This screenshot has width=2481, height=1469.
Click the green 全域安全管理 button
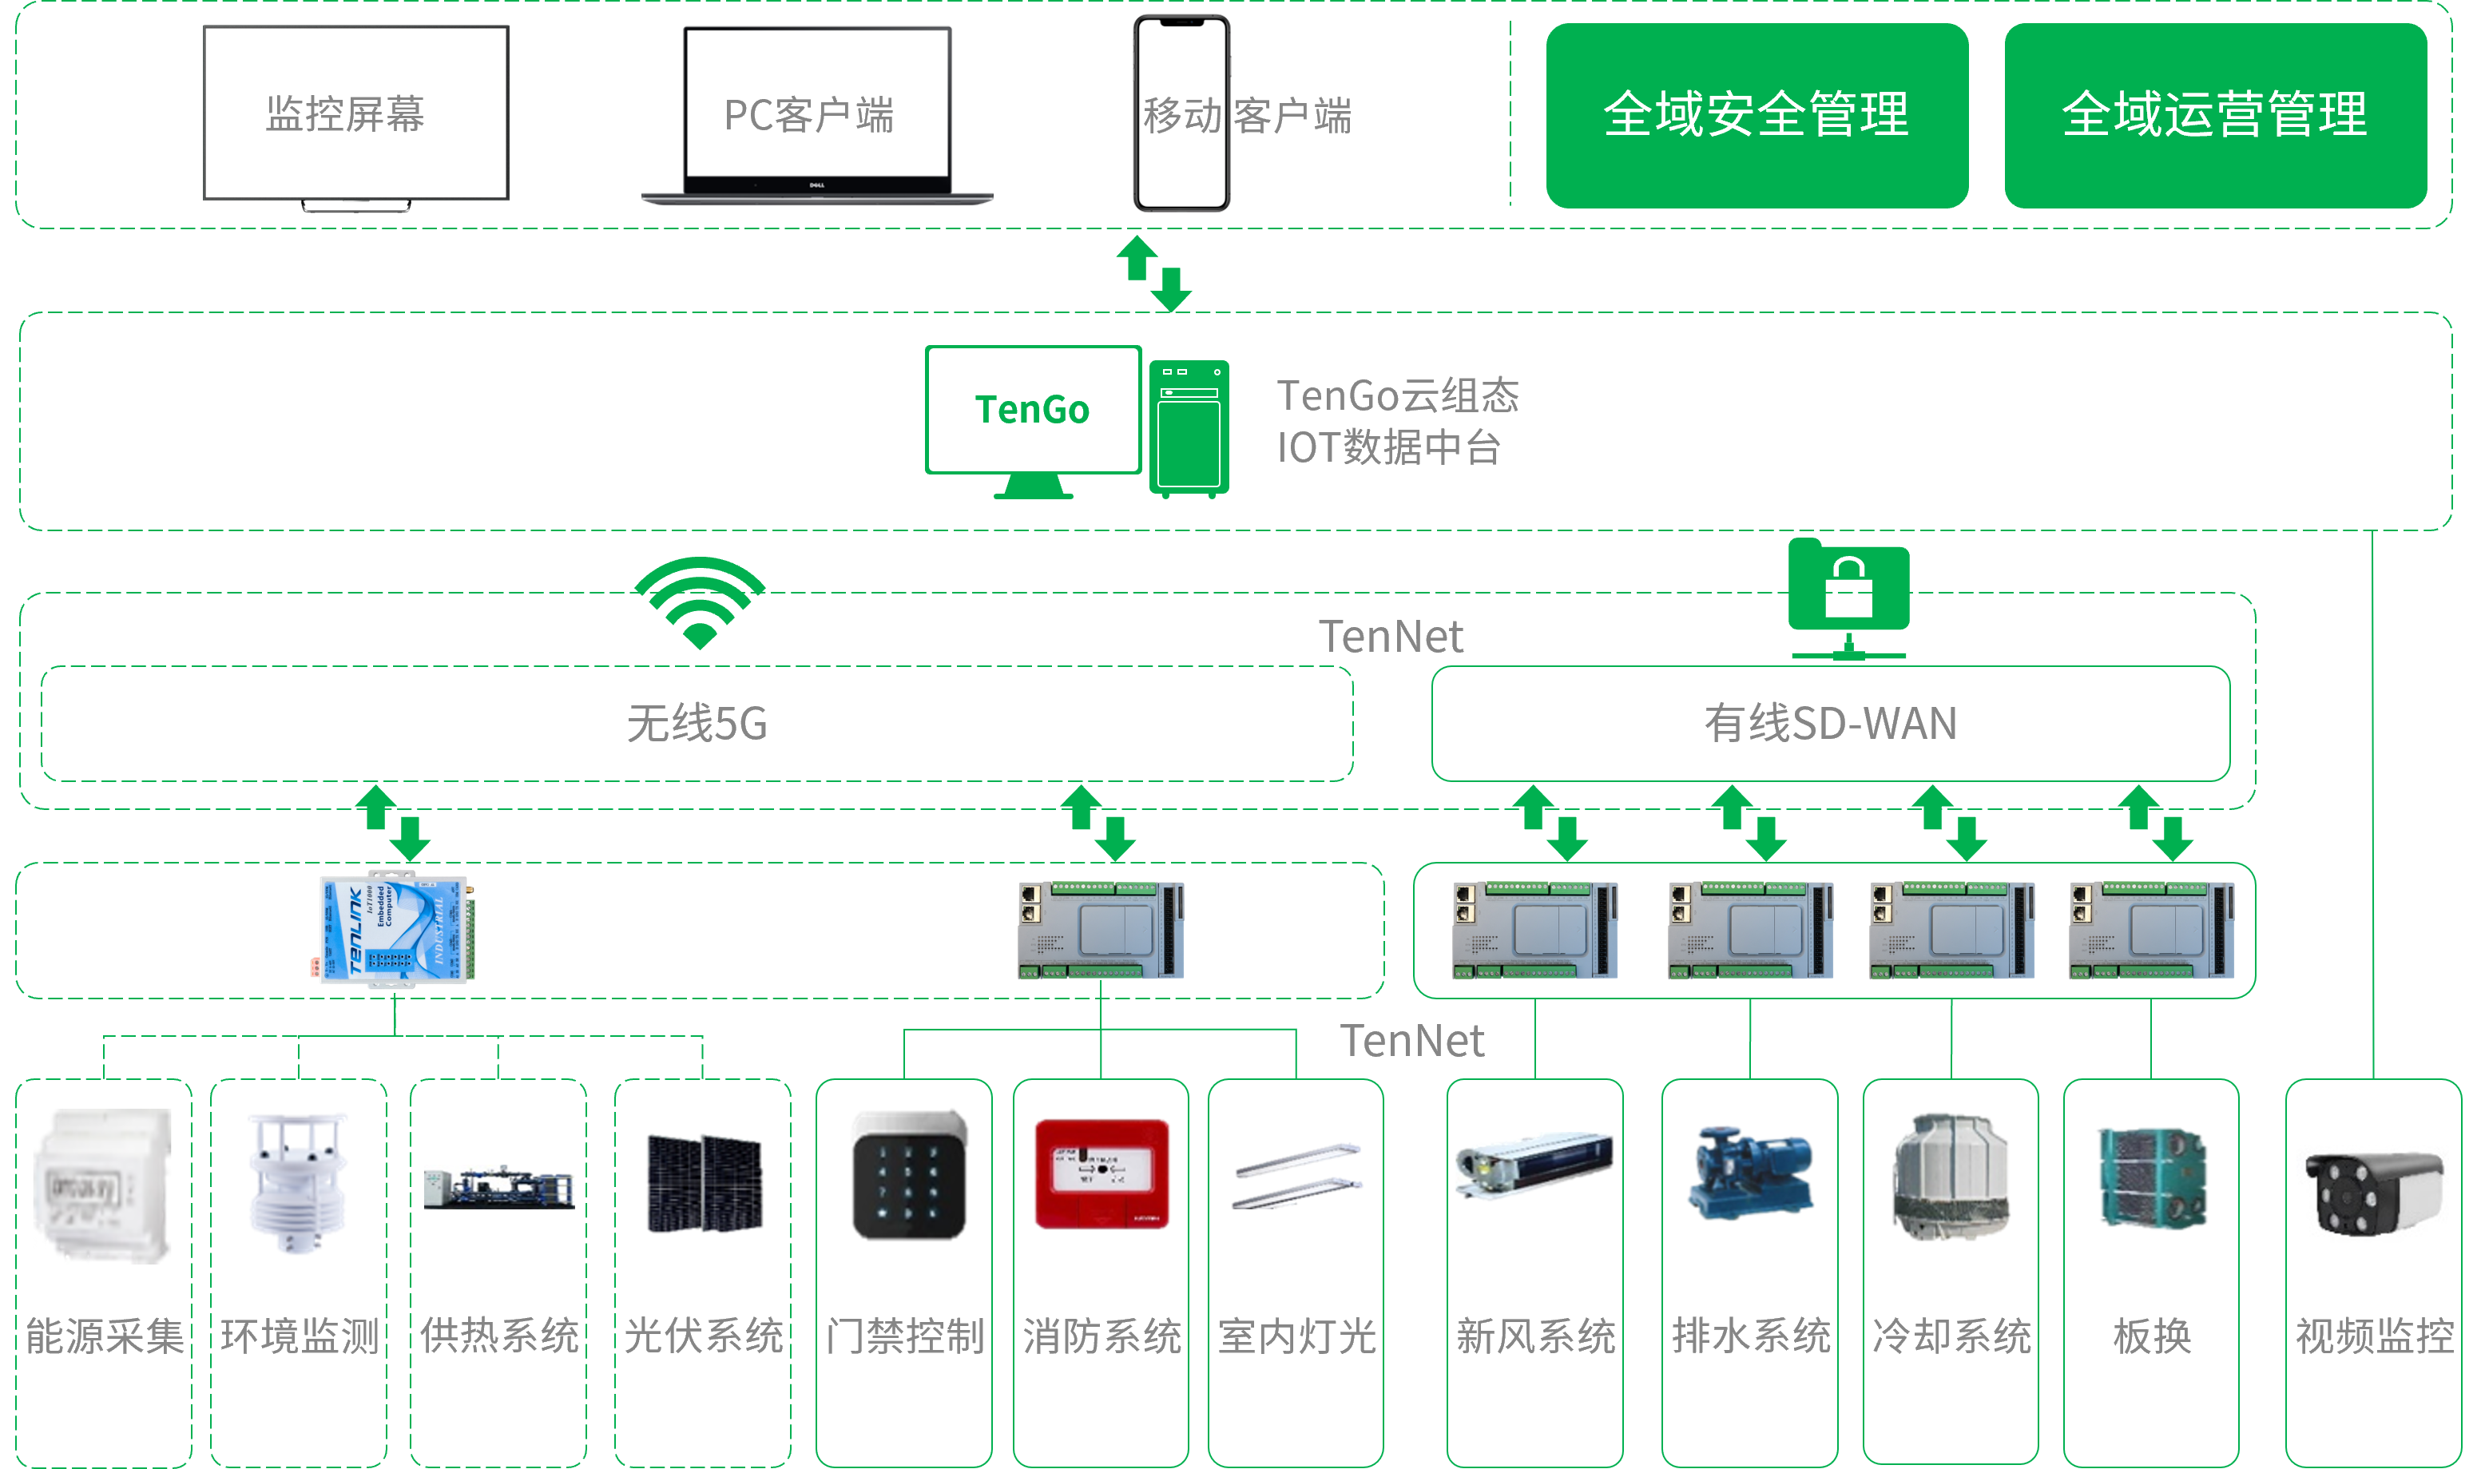pyautogui.click(x=1756, y=115)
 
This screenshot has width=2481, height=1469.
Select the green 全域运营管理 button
pyautogui.click(x=2215, y=115)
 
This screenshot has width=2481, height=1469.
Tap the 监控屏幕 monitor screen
pyautogui.click(x=355, y=113)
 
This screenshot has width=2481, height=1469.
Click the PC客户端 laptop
pyautogui.click(x=816, y=114)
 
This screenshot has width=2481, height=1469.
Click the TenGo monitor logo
pyautogui.click(x=1032, y=410)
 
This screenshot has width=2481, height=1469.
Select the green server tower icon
pyautogui.click(x=1189, y=427)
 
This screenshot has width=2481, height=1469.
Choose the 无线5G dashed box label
pyautogui.click(x=697, y=724)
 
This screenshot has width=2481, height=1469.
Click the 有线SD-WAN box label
pyautogui.click(x=1830, y=724)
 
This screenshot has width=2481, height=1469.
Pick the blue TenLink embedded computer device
pyautogui.click(x=395, y=928)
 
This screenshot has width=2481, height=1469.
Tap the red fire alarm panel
pyautogui.click(x=1102, y=1175)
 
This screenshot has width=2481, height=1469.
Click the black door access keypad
pyautogui.click(x=907, y=1175)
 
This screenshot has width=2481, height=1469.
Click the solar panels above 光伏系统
pyautogui.click(x=704, y=1183)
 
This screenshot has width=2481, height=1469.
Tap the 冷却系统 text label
pyautogui.click(x=1951, y=1336)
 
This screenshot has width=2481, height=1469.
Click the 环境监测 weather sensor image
pyautogui.click(x=298, y=1183)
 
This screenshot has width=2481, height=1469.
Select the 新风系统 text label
pyautogui.click(x=1535, y=1336)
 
